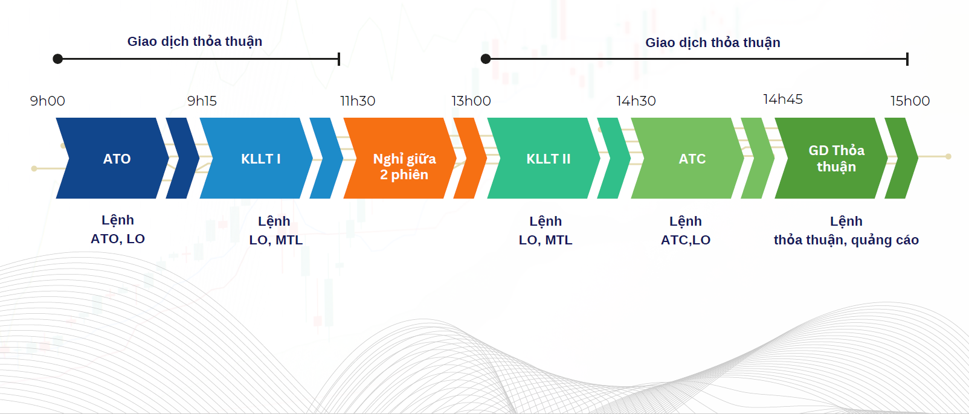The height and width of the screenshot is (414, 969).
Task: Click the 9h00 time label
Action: point(48,101)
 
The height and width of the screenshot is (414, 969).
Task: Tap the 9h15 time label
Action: point(202,101)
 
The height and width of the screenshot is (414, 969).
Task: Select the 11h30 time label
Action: point(358,101)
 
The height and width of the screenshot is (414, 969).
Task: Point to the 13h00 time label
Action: point(471,101)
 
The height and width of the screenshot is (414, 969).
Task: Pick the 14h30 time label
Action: point(636,101)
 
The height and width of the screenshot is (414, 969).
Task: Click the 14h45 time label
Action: point(782,100)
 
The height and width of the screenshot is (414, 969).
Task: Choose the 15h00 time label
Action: point(910,101)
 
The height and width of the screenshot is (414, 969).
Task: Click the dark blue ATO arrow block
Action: point(112,158)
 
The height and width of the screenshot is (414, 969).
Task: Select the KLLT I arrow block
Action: point(256,158)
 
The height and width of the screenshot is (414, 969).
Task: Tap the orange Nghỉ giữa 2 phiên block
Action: point(400,158)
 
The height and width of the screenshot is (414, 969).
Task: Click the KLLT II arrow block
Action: point(544,158)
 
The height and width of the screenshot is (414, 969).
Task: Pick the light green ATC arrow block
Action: point(687,158)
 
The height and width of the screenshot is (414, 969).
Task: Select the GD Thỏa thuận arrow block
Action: point(831,158)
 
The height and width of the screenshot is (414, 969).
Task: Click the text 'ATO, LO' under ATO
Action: point(118,238)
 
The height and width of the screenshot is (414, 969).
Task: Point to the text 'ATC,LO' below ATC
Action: point(686,240)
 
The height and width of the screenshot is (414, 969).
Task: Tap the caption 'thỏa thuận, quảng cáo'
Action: point(846,240)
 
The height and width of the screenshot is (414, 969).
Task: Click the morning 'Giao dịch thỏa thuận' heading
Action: point(195,42)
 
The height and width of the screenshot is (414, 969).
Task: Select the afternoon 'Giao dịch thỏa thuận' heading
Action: point(713,43)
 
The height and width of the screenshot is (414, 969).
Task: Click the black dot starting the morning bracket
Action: point(57,59)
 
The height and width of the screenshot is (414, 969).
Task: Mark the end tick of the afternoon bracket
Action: point(907,59)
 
